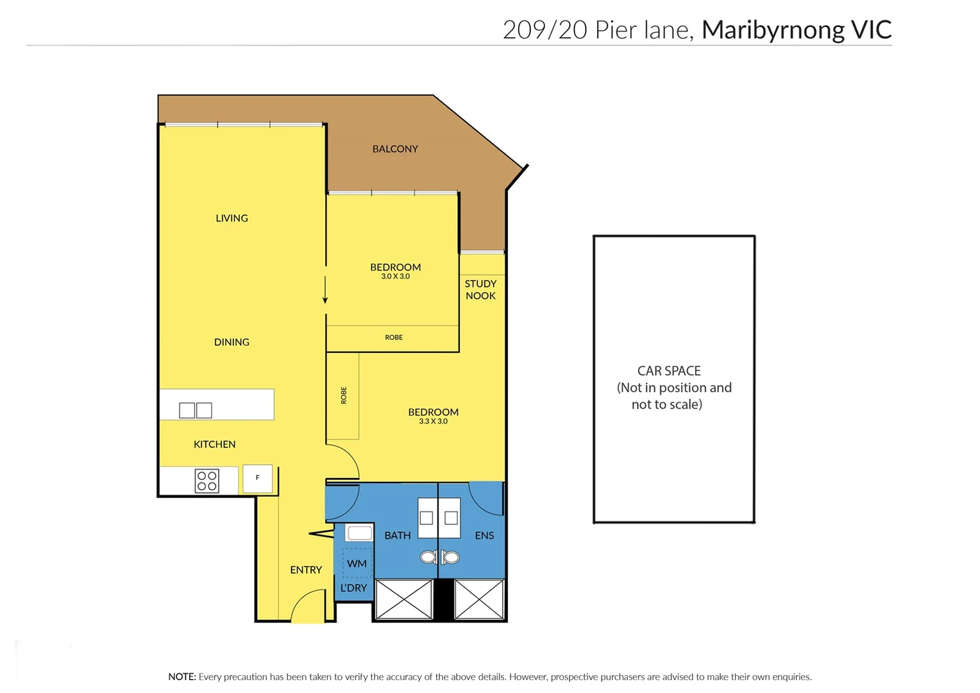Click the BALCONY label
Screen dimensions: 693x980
[395, 149]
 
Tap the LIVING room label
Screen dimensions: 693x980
[232, 218]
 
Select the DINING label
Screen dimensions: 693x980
[232, 342]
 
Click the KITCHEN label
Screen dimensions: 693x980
[214, 444]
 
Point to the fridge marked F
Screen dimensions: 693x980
[258, 478]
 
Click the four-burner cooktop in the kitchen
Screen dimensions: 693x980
[207, 481]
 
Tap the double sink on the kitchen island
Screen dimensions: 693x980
[196, 410]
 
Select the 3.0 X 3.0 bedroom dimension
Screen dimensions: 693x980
[395, 277]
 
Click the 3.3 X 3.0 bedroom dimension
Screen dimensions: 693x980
[433, 422]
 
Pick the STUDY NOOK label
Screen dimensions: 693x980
[480, 289]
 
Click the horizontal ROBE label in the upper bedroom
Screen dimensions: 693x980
[394, 338]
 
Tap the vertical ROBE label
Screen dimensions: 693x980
[344, 395]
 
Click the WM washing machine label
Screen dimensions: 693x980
[357, 563]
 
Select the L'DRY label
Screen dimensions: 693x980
[353, 588]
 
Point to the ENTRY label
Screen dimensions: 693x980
[306, 570]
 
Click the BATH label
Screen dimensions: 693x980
[398, 535]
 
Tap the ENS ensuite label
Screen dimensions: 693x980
[484, 535]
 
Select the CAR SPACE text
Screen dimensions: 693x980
[669, 371]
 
